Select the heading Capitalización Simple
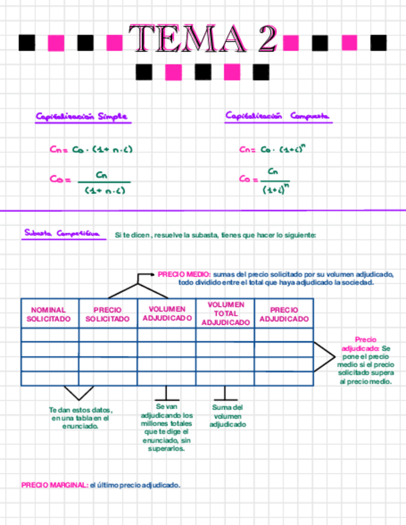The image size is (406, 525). tap(82, 116)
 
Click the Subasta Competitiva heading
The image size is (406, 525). tap(61, 233)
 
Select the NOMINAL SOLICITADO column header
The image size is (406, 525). tap(48, 315)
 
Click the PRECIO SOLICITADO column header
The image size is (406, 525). tap(108, 315)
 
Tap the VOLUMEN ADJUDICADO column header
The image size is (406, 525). tap(166, 313)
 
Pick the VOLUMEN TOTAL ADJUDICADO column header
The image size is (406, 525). tap(225, 313)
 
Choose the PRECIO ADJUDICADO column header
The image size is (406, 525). tap(284, 315)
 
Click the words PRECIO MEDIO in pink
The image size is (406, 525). tap(184, 274)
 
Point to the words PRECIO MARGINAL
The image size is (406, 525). tap(54, 485)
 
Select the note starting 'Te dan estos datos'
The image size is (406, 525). tap(80, 418)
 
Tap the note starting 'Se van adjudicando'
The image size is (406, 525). tap(166, 428)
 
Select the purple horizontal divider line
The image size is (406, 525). tap(203, 210)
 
